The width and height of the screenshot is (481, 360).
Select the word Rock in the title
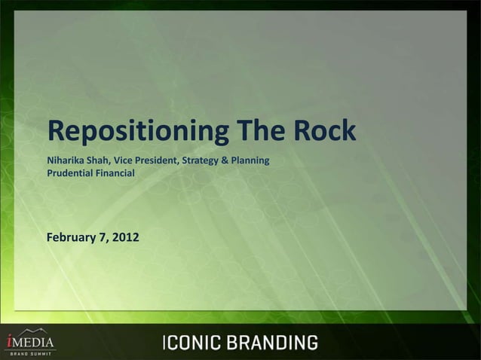(323, 131)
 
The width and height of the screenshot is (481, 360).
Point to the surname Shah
(101, 161)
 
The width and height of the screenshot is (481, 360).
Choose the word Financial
(115, 173)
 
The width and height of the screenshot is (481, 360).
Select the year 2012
(125, 238)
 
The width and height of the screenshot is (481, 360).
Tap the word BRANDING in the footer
(272, 343)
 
